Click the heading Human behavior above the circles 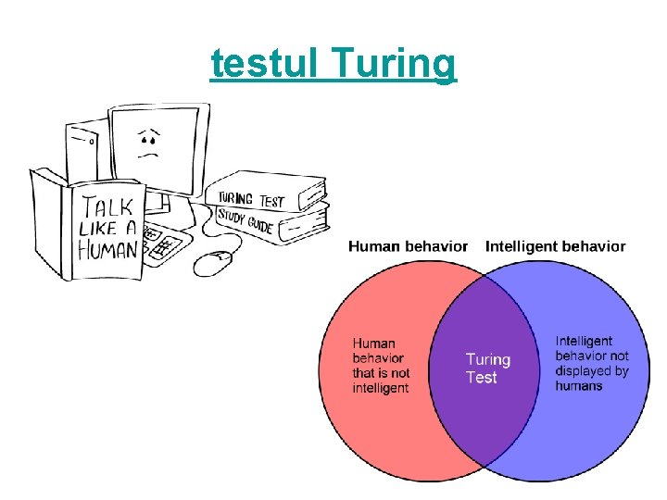coord(408,246)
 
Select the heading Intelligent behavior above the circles coord(555,246)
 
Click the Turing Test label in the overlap coord(487,368)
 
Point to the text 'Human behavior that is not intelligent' coord(381,365)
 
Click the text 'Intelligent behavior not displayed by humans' coord(592,363)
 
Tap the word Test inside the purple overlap coord(482,378)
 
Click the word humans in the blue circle coord(579,386)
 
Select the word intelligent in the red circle coord(381,388)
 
